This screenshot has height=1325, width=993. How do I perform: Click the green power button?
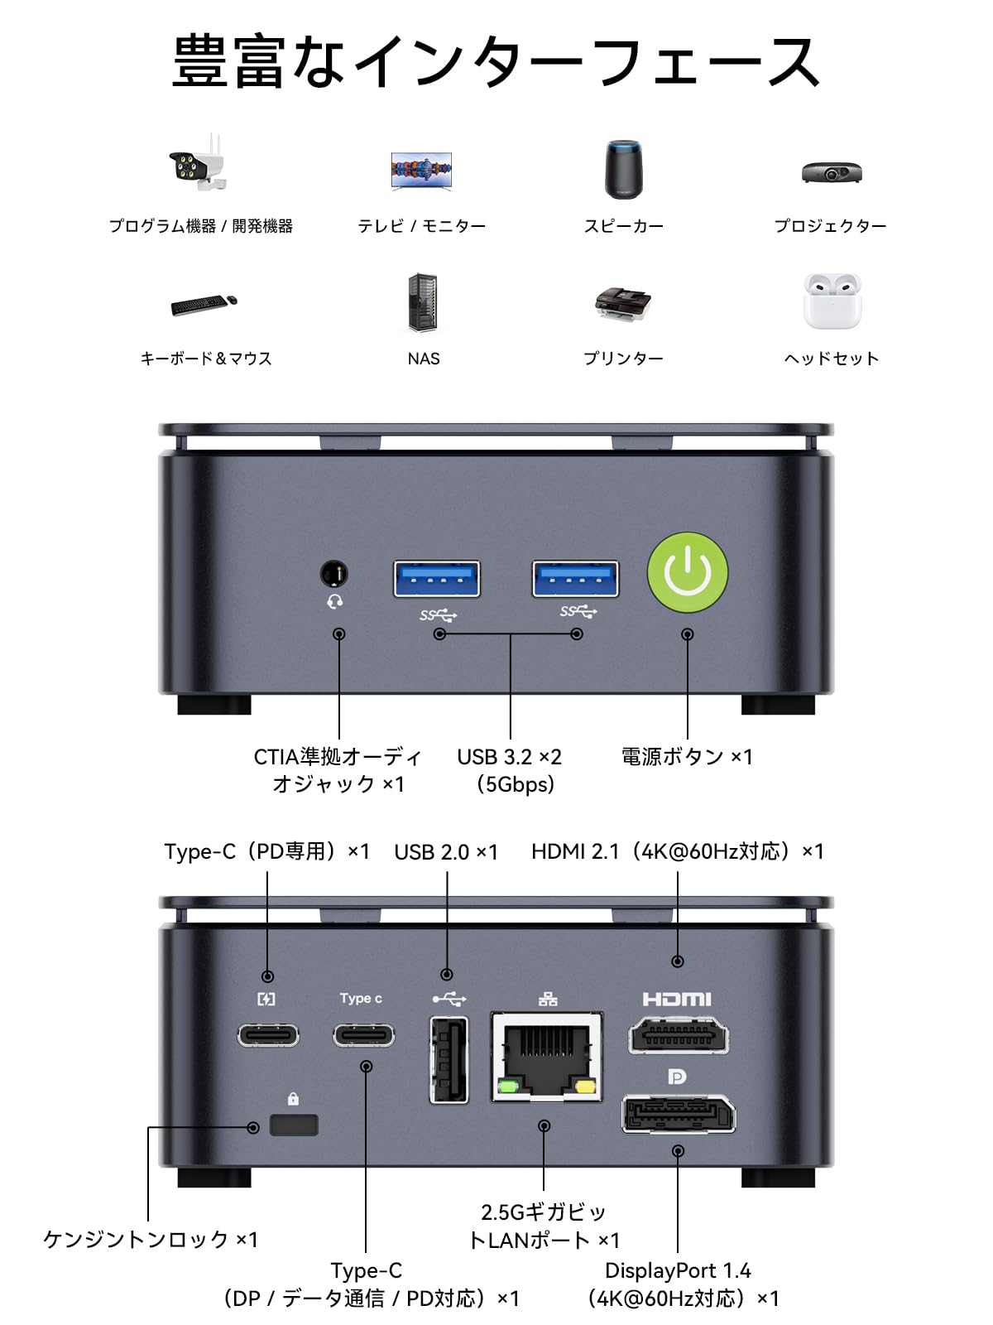tap(688, 572)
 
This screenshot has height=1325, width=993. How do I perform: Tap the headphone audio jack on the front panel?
tap(333, 573)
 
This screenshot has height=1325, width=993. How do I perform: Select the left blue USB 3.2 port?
tap(437, 579)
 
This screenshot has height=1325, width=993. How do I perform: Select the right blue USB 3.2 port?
tap(576, 578)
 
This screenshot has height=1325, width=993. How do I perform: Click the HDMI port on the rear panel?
tap(679, 1035)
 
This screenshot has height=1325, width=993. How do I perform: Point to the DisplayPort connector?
tap(679, 1114)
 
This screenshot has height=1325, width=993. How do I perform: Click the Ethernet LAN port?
tap(547, 1057)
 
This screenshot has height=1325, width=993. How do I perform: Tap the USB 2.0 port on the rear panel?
tap(449, 1060)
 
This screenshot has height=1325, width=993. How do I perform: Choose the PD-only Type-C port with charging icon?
tap(268, 1035)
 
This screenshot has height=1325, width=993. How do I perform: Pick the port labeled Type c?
tap(364, 1035)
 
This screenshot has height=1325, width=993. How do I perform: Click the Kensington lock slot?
tap(294, 1125)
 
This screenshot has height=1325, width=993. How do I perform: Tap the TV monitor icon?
tap(422, 171)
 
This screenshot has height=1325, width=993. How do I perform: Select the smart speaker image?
tap(623, 170)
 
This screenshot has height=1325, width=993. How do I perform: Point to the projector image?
tap(832, 172)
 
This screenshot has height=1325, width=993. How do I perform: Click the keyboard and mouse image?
tap(204, 304)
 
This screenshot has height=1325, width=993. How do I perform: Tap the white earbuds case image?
tap(832, 301)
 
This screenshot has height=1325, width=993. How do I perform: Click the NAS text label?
tap(424, 359)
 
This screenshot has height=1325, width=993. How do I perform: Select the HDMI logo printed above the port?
tap(677, 1000)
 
